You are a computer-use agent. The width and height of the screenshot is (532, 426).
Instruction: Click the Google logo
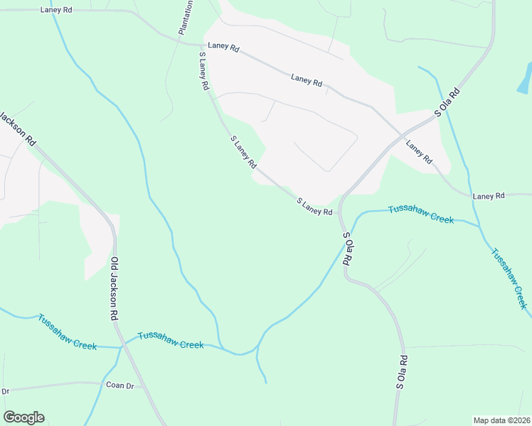pos(23,417)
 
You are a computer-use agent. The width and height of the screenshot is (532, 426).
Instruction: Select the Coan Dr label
pos(119,386)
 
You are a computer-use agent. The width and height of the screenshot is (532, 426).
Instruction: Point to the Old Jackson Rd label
pos(115,289)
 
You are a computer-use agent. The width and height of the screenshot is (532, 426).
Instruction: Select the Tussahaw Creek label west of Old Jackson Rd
pos(68,332)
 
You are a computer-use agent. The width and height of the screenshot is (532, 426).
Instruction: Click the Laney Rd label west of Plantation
pos(57,10)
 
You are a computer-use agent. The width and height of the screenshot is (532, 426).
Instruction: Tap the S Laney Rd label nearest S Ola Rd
pos(314,207)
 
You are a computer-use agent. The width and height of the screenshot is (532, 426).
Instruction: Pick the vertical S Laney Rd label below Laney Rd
pos(203,70)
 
